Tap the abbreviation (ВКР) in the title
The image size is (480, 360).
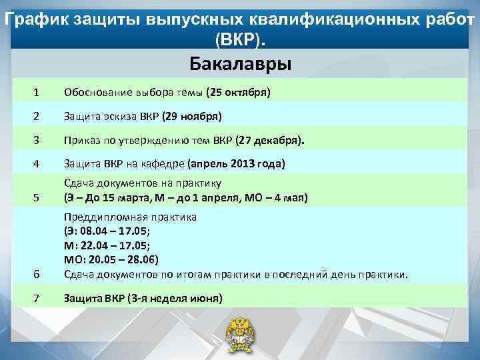[x=240, y=41]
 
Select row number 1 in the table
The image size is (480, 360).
[x=37, y=91]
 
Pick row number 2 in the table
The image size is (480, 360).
[x=37, y=116]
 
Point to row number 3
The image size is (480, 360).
[x=37, y=141]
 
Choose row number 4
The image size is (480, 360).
[x=37, y=163]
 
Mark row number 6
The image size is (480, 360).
[x=37, y=274]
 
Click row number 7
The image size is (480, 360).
[x=37, y=298]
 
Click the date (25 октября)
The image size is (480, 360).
[x=238, y=91]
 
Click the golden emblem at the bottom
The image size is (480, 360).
[x=239, y=333]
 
